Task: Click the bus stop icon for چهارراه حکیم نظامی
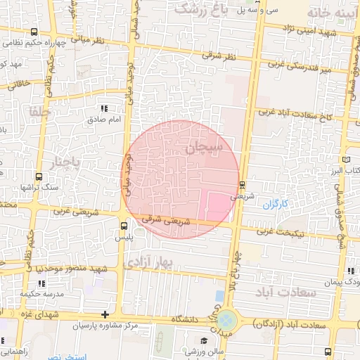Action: pyautogui.click(x=35, y=32)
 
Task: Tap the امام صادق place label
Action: pyautogui.click(x=105, y=120)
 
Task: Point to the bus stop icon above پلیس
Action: pyautogui.click(x=124, y=226)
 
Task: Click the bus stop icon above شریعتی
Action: pyautogui.click(x=243, y=185)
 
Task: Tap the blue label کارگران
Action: pyautogui.click(x=276, y=205)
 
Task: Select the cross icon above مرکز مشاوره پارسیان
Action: pyautogui.click(x=105, y=314)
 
